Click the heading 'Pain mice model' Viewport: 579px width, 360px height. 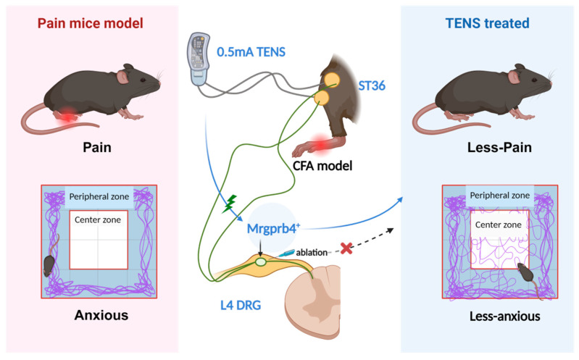(90, 23)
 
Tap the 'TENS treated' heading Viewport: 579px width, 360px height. (488, 23)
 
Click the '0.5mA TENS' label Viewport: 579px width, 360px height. (251, 52)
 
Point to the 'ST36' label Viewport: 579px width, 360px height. (372, 85)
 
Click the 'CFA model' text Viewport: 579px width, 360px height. (322, 166)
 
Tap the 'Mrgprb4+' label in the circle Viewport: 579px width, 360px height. (273, 229)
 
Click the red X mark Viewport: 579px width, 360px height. (346, 248)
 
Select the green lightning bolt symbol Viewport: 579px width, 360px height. (230, 204)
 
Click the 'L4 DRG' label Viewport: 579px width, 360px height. (241, 306)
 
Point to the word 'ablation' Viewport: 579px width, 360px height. (312, 253)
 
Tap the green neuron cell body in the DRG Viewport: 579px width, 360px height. (261, 261)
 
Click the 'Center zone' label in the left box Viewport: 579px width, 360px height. (98, 220)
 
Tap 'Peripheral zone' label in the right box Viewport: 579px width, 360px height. (499, 196)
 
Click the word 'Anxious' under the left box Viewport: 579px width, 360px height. (101, 315)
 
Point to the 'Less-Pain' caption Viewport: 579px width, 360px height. (499, 147)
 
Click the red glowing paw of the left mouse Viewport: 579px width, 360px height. (67, 115)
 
